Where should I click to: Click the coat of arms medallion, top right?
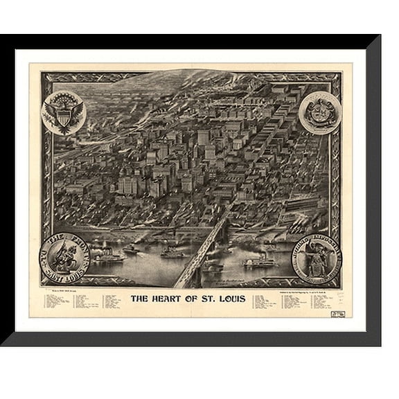pos(319,111)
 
